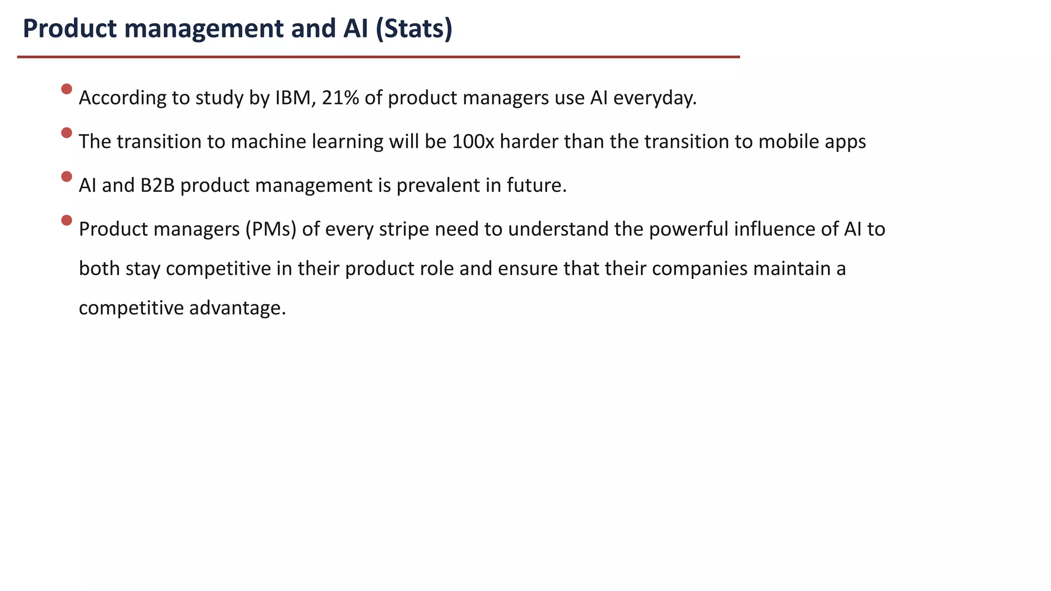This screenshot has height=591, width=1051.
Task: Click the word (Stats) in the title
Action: click(414, 29)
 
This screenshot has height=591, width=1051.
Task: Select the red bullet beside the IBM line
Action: click(67, 89)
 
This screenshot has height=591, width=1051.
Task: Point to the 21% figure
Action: click(340, 97)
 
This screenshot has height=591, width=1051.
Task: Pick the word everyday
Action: click(655, 97)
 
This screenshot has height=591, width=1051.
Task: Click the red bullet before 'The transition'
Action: click(67, 133)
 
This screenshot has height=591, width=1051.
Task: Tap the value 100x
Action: click(473, 141)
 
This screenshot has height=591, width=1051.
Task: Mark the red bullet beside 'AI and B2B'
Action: click(67, 176)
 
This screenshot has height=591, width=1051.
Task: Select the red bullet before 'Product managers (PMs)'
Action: click(67, 221)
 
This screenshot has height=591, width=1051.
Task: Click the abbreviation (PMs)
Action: click(271, 229)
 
